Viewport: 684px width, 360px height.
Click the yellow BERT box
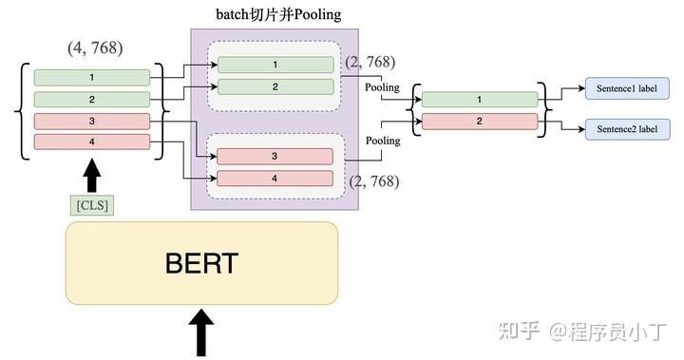[x=200, y=263]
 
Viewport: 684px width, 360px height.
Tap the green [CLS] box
[x=91, y=204]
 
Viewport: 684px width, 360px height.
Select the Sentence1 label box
[x=628, y=88]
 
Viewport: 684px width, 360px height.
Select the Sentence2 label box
[x=628, y=128]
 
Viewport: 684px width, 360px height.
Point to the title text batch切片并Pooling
[x=278, y=14]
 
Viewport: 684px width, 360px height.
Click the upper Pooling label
[x=383, y=87]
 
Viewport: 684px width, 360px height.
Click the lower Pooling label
[x=383, y=141]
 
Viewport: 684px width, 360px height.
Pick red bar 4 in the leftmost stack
[x=91, y=142]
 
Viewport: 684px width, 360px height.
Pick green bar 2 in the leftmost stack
[x=91, y=99]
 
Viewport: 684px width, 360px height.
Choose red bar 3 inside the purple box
[x=275, y=157]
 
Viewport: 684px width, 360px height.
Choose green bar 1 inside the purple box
[x=275, y=65]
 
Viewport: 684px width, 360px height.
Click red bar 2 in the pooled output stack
[x=479, y=121]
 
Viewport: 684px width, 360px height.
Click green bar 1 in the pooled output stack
[x=479, y=99]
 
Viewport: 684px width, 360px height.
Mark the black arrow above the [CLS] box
[x=91, y=176]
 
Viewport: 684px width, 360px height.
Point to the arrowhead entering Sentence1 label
[x=580, y=88]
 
